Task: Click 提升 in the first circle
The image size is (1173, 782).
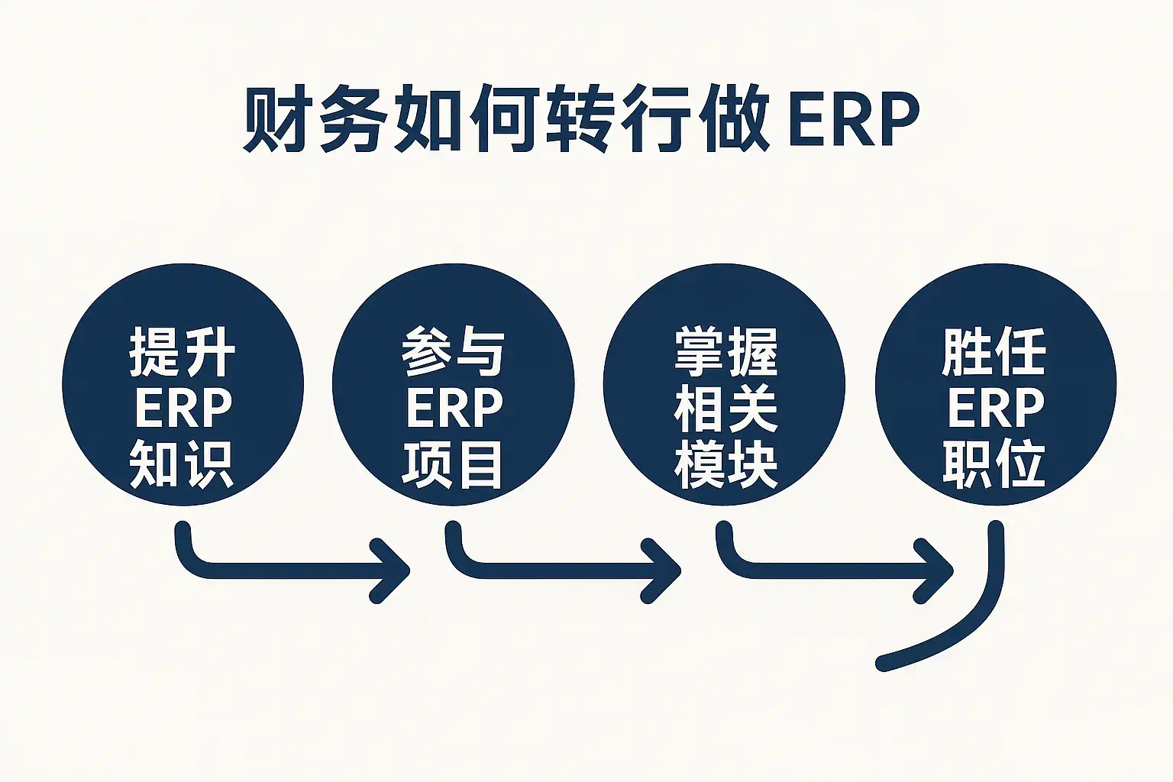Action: coord(183,352)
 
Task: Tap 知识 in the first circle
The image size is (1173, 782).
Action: coord(183,464)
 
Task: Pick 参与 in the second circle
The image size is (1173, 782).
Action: coord(453,352)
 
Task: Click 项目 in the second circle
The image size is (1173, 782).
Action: coord(453,464)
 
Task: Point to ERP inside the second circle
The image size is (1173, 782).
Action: coord(454,409)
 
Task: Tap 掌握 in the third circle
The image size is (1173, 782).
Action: coord(725,352)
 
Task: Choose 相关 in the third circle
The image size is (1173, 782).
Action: coord(725,409)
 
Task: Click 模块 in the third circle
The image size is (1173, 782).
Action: coord(725,464)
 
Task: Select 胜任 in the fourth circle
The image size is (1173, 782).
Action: coord(994,352)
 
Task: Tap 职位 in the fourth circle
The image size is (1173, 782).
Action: coord(994,464)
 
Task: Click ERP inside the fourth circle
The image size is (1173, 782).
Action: coord(995,409)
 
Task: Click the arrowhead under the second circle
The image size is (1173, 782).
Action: coord(394,570)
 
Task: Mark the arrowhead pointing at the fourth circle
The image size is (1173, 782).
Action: coord(936,570)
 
